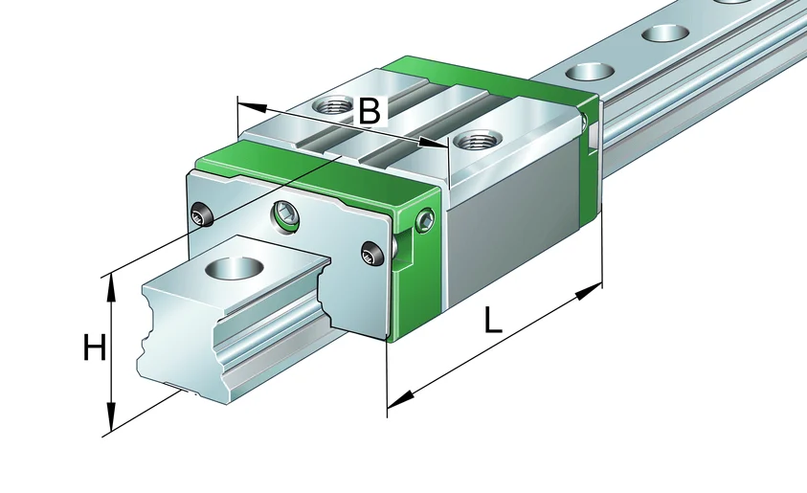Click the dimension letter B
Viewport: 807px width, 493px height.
pos(369,110)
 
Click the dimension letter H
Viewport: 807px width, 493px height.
pos(95,347)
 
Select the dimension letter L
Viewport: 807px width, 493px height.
pos(493,320)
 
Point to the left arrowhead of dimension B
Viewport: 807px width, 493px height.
pos(252,106)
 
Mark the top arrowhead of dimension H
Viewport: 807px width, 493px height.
pos(110,289)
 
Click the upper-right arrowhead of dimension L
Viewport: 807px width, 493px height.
pos(589,291)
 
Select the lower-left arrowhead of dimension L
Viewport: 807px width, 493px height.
pos(400,398)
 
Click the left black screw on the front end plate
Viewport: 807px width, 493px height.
pos(201,214)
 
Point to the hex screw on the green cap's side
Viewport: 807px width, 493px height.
pos(426,220)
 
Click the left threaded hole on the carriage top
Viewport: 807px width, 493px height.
pos(333,106)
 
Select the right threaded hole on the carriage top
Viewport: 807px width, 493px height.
pos(477,139)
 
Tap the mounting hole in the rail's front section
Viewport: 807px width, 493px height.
pos(235,268)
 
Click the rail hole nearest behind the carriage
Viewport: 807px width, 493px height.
pos(590,71)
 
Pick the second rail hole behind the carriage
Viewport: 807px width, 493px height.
pos(665,34)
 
